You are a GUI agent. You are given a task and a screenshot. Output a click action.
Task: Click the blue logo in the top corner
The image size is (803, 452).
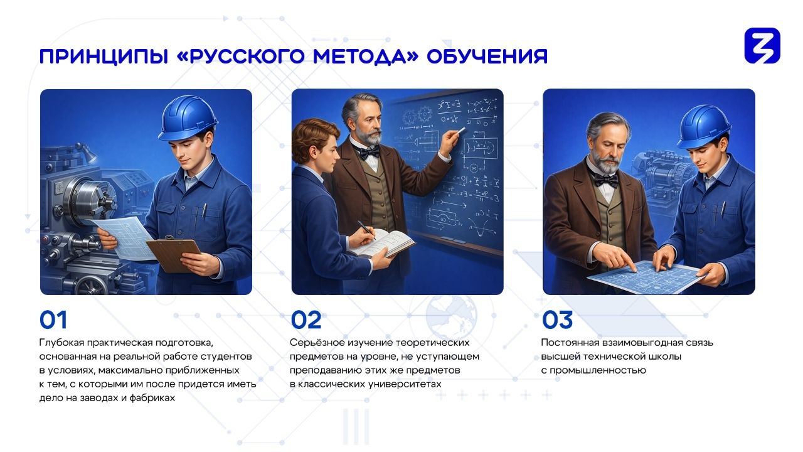tap(762, 46)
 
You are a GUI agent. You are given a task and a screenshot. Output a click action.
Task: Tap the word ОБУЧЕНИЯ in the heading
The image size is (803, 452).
tap(487, 56)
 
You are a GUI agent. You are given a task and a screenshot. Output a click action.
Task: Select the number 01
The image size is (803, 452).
tap(53, 320)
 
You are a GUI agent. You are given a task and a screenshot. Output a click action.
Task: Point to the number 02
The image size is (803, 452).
tap(306, 320)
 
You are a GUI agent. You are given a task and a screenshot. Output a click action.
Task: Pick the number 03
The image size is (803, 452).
tap(557, 320)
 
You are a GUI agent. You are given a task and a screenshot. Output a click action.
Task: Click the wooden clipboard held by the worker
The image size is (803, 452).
tap(174, 254)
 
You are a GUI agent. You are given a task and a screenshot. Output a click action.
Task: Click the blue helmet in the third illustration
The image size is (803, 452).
tap(704, 126)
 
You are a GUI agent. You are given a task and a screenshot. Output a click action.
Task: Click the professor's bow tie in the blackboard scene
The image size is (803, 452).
tap(370, 153)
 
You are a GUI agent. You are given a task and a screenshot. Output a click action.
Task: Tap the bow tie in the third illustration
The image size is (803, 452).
tap(606, 180)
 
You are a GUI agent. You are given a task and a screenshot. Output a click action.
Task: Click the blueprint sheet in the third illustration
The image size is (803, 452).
tap(646, 277)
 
